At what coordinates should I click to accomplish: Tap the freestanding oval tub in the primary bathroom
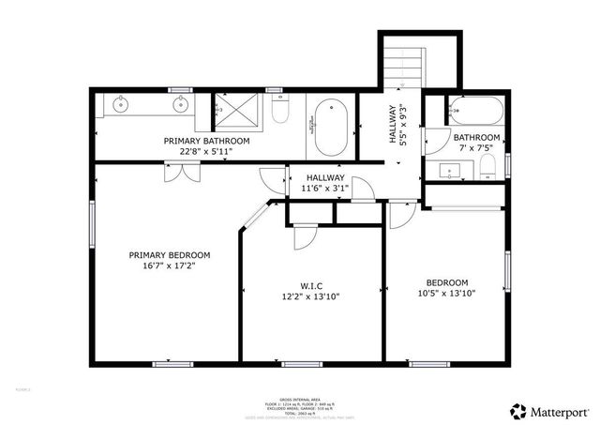click(330, 129)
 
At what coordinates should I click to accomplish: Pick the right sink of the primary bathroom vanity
click(176, 104)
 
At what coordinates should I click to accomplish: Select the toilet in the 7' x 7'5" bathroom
click(487, 170)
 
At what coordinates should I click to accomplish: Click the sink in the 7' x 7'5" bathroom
click(452, 171)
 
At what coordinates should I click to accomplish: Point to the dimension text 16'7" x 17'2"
click(169, 266)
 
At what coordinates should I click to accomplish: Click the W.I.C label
click(312, 285)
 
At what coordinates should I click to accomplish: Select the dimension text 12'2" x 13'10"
click(312, 296)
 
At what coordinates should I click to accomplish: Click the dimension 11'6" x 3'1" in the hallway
click(324, 189)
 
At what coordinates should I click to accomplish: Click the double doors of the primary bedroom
click(182, 172)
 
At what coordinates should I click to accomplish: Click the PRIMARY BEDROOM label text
click(169, 254)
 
